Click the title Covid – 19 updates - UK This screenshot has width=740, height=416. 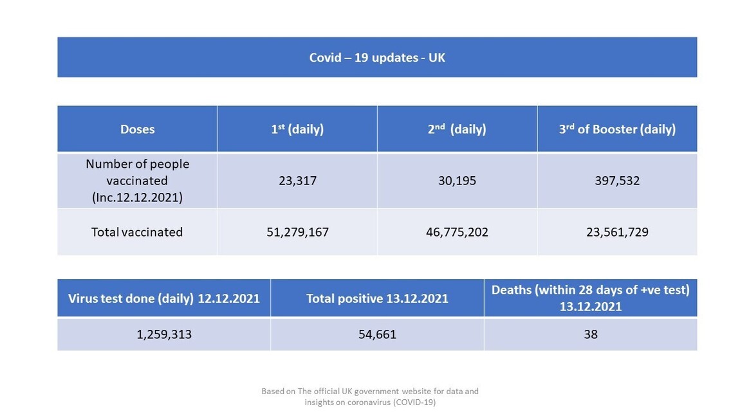tap(377, 58)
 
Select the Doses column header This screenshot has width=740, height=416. tap(137, 129)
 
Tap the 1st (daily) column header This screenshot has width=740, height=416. tap(297, 129)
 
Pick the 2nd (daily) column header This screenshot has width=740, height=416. tap(457, 129)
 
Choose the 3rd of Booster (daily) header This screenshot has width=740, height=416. tap(617, 129)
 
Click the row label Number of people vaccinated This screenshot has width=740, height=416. tap(137, 181)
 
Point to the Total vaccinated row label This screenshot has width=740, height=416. tap(137, 232)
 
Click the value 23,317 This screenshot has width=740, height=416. tap(297, 181)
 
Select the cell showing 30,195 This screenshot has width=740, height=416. tap(457, 181)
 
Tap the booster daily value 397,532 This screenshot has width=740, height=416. tap(617, 181)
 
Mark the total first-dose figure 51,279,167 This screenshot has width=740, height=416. tap(297, 232)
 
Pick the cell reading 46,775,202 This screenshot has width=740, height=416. tap(457, 232)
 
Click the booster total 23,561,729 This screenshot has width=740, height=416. tap(617, 232)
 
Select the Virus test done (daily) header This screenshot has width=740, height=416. tap(164, 298)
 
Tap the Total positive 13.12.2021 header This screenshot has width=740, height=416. tap(377, 298)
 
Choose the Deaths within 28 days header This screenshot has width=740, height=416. tap(590, 298)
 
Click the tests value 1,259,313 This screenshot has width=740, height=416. tap(164, 334)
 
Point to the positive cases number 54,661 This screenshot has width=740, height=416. tap(377, 334)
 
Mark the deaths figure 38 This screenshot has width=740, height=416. tap(590, 334)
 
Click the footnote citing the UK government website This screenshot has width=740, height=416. tap(370, 396)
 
